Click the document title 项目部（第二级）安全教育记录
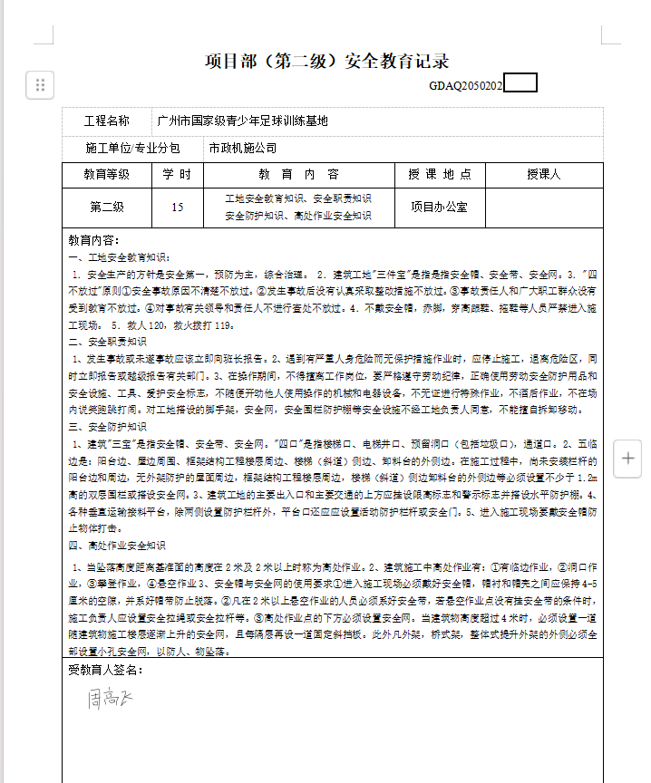click(327, 62)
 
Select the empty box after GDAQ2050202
click(520, 84)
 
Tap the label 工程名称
click(107, 121)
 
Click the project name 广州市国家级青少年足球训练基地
click(242, 121)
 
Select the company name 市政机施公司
click(242, 148)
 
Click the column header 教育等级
click(107, 174)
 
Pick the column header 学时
click(177, 174)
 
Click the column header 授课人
click(544, 174)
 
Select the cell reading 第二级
click(107, 207)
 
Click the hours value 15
click(177, 207)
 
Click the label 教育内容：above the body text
click(93, 241)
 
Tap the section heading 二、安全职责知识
click(107, 343)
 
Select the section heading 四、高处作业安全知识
click(117, 546)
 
